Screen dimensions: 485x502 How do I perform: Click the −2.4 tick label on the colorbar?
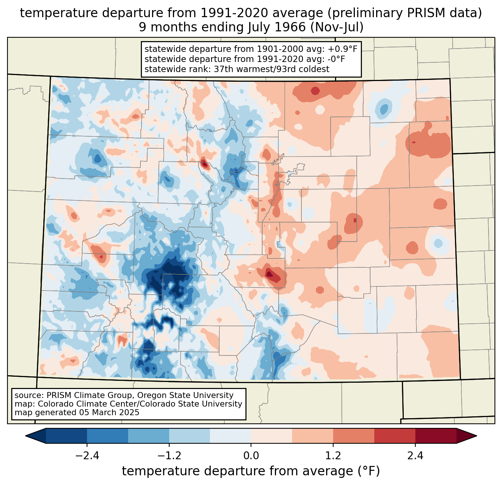[x=87, y=456]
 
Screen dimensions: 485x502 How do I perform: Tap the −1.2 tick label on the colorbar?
[x=169, y=456]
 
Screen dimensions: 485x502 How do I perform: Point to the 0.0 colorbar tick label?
[x=251, y=456]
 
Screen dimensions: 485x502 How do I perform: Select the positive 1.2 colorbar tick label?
[x=333, y=456]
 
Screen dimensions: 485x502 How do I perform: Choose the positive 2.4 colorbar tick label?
[x=415, y=456]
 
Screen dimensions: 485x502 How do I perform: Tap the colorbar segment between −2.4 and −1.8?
[x=108, y=436]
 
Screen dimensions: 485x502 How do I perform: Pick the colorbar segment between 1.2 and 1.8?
[x=354, y=436]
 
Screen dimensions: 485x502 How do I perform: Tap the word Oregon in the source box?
[x=149, y=395]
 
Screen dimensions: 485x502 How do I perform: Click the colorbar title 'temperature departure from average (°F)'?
[x=251, y=471]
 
